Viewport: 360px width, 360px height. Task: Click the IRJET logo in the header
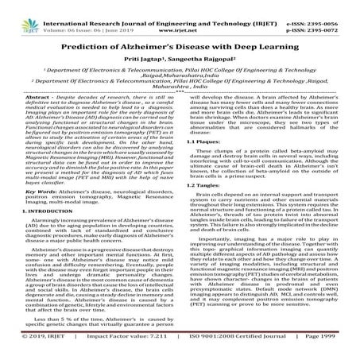(17, 14)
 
